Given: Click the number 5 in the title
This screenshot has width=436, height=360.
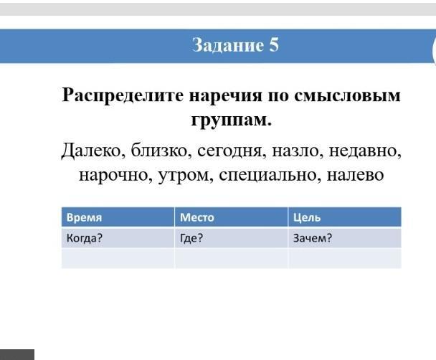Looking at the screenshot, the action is (x=274, y=44).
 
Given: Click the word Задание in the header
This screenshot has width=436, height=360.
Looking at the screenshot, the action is (x=228, y=45).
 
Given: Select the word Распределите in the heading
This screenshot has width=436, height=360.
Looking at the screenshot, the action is (x=123, y=96).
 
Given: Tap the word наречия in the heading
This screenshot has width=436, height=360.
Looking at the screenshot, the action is (x=225, y=96).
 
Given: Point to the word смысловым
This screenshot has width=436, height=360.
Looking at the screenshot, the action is (x=347, y=95).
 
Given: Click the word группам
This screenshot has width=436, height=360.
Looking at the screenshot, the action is (x=231, y=120).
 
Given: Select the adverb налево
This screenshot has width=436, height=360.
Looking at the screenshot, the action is (x=355, y=175).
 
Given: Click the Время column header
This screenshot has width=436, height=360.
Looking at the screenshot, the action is (x=84, y=217).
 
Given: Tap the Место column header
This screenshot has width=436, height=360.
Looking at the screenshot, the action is (x=197, y=217).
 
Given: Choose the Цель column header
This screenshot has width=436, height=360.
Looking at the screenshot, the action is (x=307, y=217).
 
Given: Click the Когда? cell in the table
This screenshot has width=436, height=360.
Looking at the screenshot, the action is (x=85, y=238).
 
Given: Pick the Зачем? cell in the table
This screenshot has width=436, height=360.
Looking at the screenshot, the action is (x=313, y=238).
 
